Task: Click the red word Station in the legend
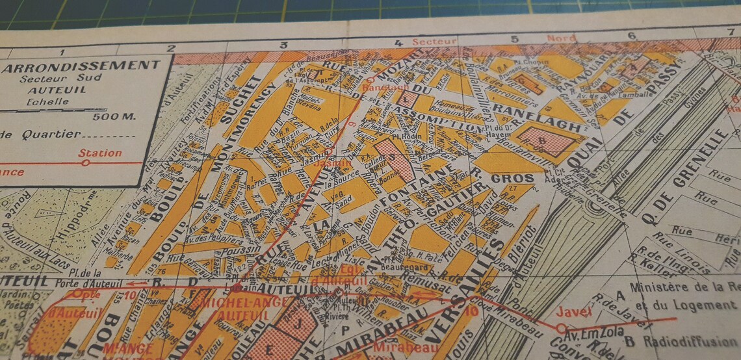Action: click(99, 153)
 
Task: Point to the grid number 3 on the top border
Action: click(283, 45)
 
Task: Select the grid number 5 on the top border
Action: click(514, 39)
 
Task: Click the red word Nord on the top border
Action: click(560, 38)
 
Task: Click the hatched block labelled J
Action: click(298, 322)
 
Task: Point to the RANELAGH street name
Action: click(528, 115)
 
